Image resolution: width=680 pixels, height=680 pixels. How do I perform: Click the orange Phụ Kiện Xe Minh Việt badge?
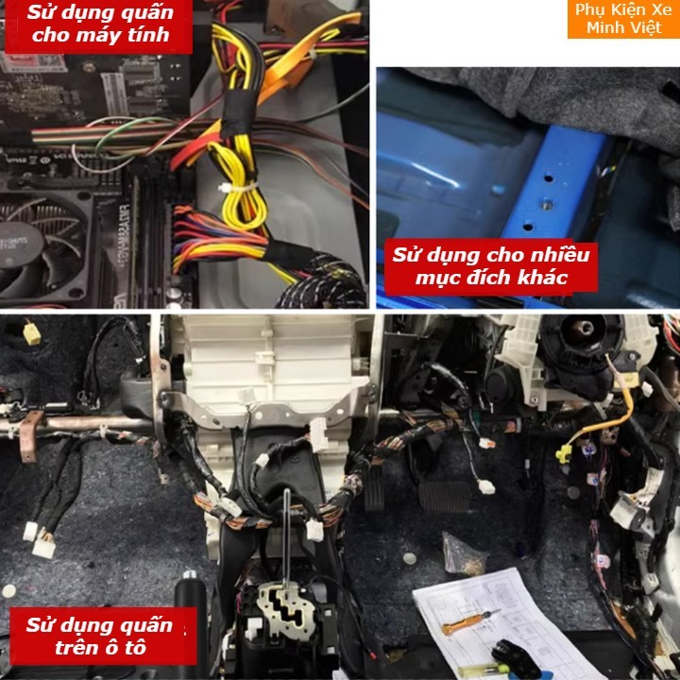click(623, 19)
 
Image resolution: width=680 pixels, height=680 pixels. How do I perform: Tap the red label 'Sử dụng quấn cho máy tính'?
click(99, 26)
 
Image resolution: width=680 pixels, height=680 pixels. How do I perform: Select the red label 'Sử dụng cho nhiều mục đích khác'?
click(490, 265)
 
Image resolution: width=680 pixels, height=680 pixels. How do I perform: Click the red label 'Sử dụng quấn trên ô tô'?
click(103, 637)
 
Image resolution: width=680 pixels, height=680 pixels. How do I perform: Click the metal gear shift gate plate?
click(286, 606)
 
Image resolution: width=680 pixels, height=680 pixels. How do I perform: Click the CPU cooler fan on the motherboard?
click(42, 247)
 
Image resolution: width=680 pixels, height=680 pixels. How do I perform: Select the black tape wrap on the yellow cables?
click(238, 113)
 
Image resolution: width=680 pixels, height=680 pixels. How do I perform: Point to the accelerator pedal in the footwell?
click(374, 488)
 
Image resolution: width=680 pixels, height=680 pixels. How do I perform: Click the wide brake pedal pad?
click(444, 496)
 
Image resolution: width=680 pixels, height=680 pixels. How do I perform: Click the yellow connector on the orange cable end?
click(563, 453)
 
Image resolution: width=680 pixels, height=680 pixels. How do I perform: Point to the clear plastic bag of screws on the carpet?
click(462, 556)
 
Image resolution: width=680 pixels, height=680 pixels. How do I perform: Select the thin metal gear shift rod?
click(286, 537)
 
